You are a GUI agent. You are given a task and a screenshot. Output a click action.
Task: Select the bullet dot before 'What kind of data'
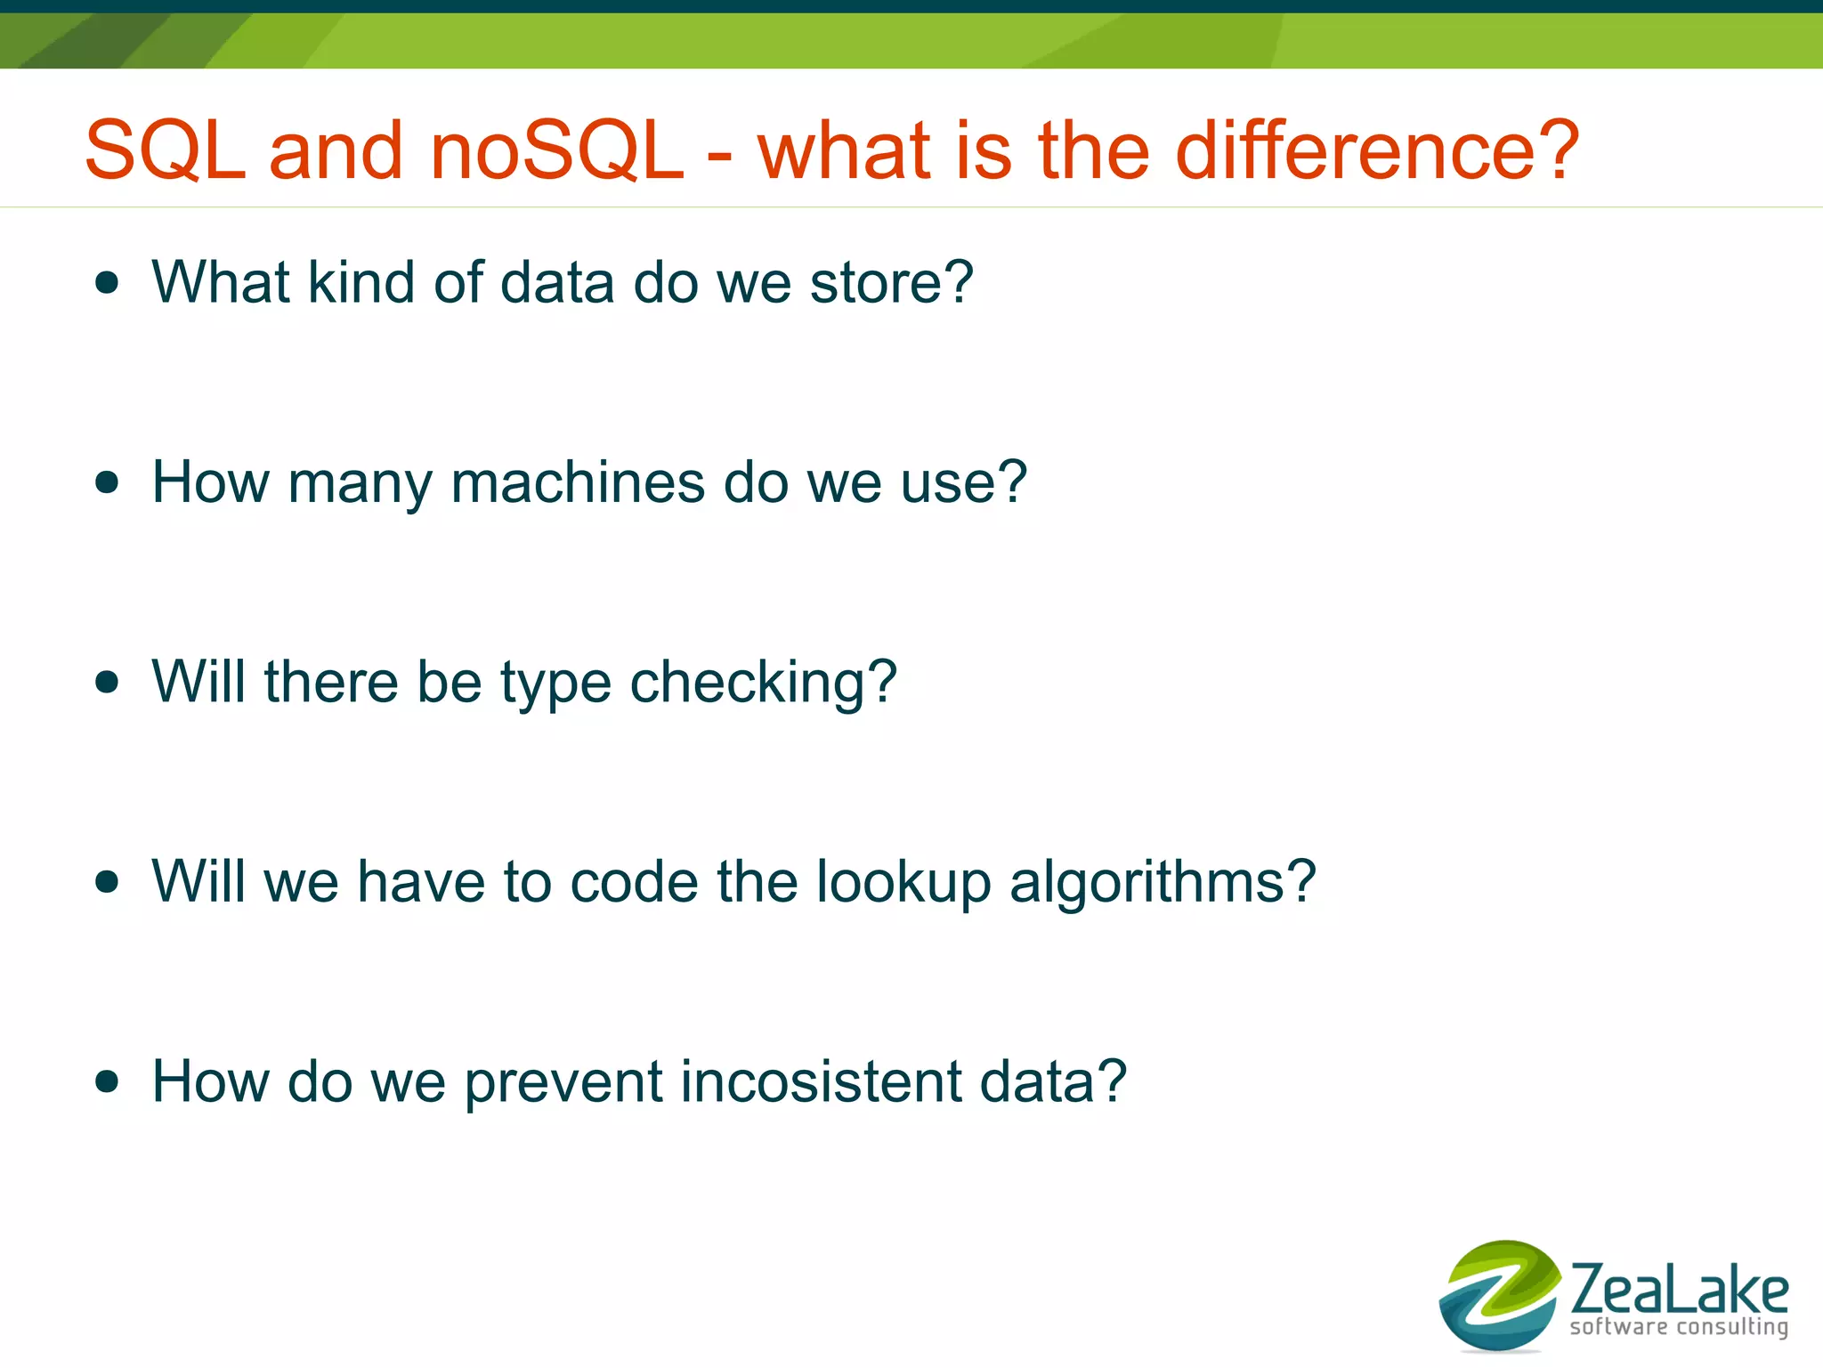107,283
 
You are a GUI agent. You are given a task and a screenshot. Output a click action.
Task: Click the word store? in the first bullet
891,283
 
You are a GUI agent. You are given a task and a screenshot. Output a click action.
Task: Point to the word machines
578,482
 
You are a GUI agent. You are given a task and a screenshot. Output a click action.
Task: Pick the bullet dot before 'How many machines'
107,482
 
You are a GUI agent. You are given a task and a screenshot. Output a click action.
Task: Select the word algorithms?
1162,883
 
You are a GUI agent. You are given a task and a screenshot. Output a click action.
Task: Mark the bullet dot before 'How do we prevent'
107,1081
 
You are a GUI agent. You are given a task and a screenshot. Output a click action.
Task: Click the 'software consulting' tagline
1679,1327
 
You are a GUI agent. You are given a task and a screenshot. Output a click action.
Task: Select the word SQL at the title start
165,150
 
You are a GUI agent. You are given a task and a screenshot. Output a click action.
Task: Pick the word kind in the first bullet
361,283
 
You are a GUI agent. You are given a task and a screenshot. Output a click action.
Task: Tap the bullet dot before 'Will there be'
107,683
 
